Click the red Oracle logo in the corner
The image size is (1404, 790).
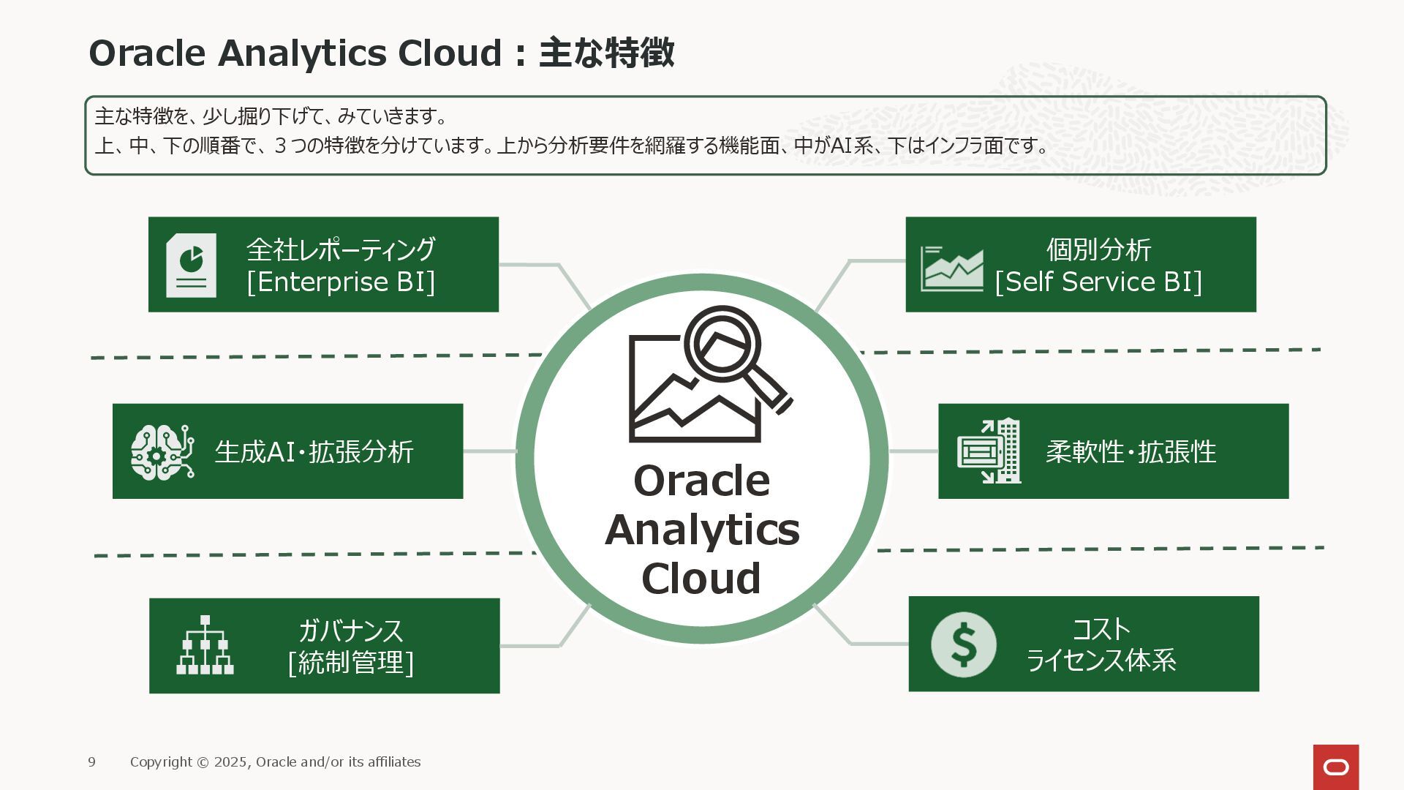click(1335, 767)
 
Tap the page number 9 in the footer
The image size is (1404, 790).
click(91, 762)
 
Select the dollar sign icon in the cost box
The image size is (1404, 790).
click(963, 644)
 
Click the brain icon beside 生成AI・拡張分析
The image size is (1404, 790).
click(162, 452)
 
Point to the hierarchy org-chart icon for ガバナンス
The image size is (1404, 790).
click(205, 645)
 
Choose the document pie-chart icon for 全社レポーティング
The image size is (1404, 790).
click(191, 265)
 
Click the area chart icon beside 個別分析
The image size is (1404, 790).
click(951, 268)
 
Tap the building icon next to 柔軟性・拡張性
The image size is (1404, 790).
click(989, 451)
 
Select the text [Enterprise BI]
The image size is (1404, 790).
click(341, 282)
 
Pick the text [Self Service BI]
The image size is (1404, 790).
click(1098, 282)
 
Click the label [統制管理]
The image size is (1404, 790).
click(351, 663)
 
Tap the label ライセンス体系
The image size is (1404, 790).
click(1101, 661)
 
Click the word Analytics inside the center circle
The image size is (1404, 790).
click(702, 530)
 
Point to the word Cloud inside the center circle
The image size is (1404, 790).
click(701, 579)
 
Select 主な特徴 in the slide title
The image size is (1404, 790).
click(606, 53)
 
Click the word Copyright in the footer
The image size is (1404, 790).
click(161, 762)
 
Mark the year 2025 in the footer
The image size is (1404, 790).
click(230, 762)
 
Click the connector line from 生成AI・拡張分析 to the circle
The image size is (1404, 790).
click(490, 451)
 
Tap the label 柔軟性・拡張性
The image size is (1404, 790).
click(1131, 452)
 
